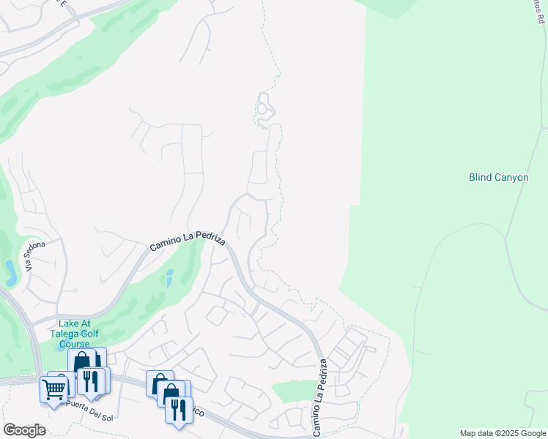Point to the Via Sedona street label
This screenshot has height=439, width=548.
[x=35, y=255]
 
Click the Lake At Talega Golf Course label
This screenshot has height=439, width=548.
[x=79, y=333]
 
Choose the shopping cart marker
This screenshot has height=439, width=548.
[x=54, y=389]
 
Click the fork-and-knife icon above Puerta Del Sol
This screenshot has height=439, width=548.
[x=92, y=380]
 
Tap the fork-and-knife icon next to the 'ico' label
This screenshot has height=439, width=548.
[x=178, y=410]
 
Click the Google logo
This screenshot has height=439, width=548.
[x=24, y=430]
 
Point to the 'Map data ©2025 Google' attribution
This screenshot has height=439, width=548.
[x=503, y=433]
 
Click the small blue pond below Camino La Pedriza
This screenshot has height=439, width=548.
[x=169, y=277]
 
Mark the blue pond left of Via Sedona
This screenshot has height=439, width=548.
[x=11, y=272]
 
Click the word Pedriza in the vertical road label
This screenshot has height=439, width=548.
[x=319, y=380]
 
